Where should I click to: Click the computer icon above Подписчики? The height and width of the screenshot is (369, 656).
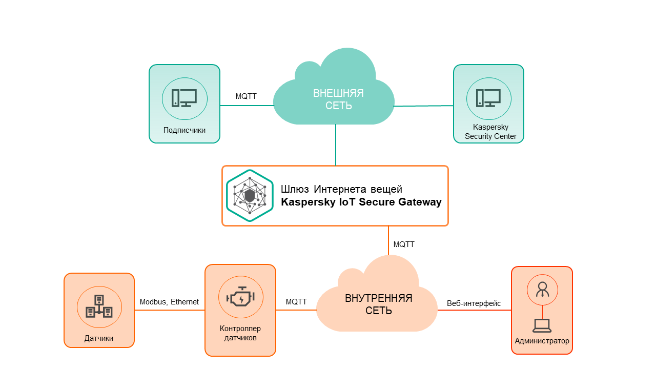[x=184, y=98]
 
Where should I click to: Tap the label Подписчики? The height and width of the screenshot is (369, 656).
[x=184, y=130]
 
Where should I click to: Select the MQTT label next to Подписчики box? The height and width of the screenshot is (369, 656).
[x=246, y=96]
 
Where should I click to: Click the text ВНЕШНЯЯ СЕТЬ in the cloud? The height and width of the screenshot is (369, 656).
[x=338, y=99]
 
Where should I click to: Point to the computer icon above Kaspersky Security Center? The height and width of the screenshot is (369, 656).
[x=488, y=98]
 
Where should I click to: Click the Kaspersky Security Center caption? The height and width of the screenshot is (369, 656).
[x=490, y=132]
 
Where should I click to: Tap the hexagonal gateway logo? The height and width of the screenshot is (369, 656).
[x=250, y=195]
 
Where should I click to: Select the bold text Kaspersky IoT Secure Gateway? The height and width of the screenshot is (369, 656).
[x=361, y=202]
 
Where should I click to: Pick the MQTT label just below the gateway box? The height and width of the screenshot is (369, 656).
[x=404, y=244]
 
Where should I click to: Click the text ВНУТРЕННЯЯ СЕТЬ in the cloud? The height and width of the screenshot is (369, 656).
[x=378, y=304]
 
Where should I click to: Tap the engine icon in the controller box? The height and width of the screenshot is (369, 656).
[x=240, y=297]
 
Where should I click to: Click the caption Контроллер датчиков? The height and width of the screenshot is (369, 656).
[x=240, y=333]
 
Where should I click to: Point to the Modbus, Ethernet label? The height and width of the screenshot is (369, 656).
[x=169, y=302]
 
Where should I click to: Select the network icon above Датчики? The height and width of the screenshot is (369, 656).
[x=99, y=306]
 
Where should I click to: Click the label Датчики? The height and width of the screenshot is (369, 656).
[x=99, y=338]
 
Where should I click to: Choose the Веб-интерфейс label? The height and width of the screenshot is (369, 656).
[x=474, y=303]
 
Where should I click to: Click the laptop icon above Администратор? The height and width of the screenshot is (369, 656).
[x=542, y=325]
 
